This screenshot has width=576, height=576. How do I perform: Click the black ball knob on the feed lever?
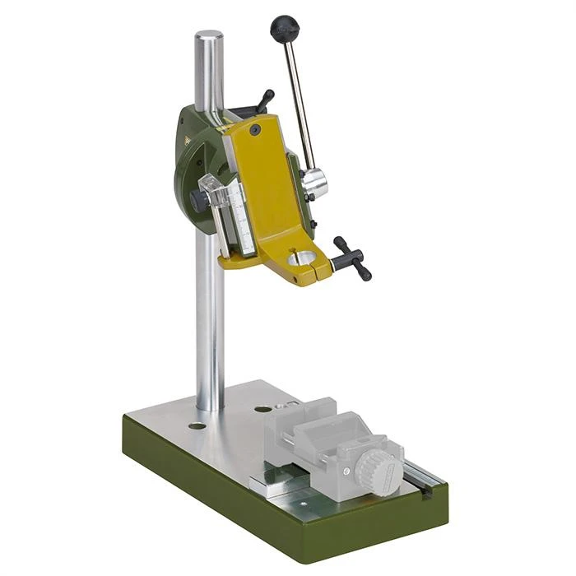285,29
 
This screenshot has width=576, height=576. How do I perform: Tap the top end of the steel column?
209,38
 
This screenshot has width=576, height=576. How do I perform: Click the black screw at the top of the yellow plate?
257,131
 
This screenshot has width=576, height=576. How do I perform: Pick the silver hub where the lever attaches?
313,183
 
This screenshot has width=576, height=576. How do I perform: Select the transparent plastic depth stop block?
216,196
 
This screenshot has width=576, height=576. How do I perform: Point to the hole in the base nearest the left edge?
197,425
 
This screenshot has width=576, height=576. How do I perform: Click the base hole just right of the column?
262,409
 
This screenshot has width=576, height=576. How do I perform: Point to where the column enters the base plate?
211,406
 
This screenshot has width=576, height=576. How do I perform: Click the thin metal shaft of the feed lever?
300,99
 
